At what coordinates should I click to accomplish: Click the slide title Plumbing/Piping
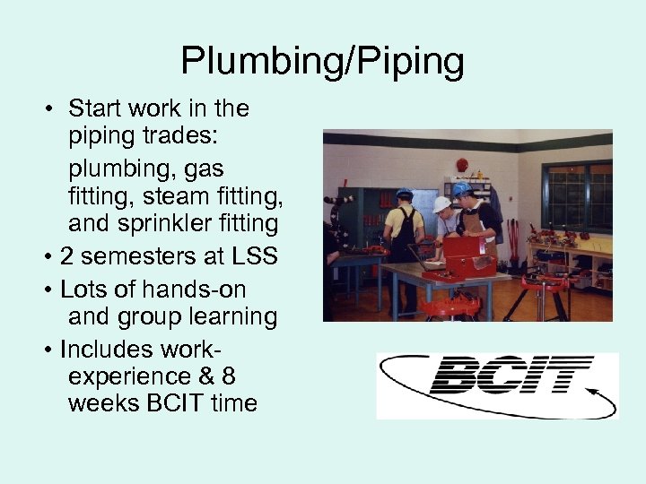click(x=323, y=61)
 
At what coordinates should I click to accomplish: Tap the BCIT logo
click(x=497, y=384)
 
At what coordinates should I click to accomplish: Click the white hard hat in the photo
click(x=442, y=204)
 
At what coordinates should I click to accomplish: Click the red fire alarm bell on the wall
click(x=462, y=165)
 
